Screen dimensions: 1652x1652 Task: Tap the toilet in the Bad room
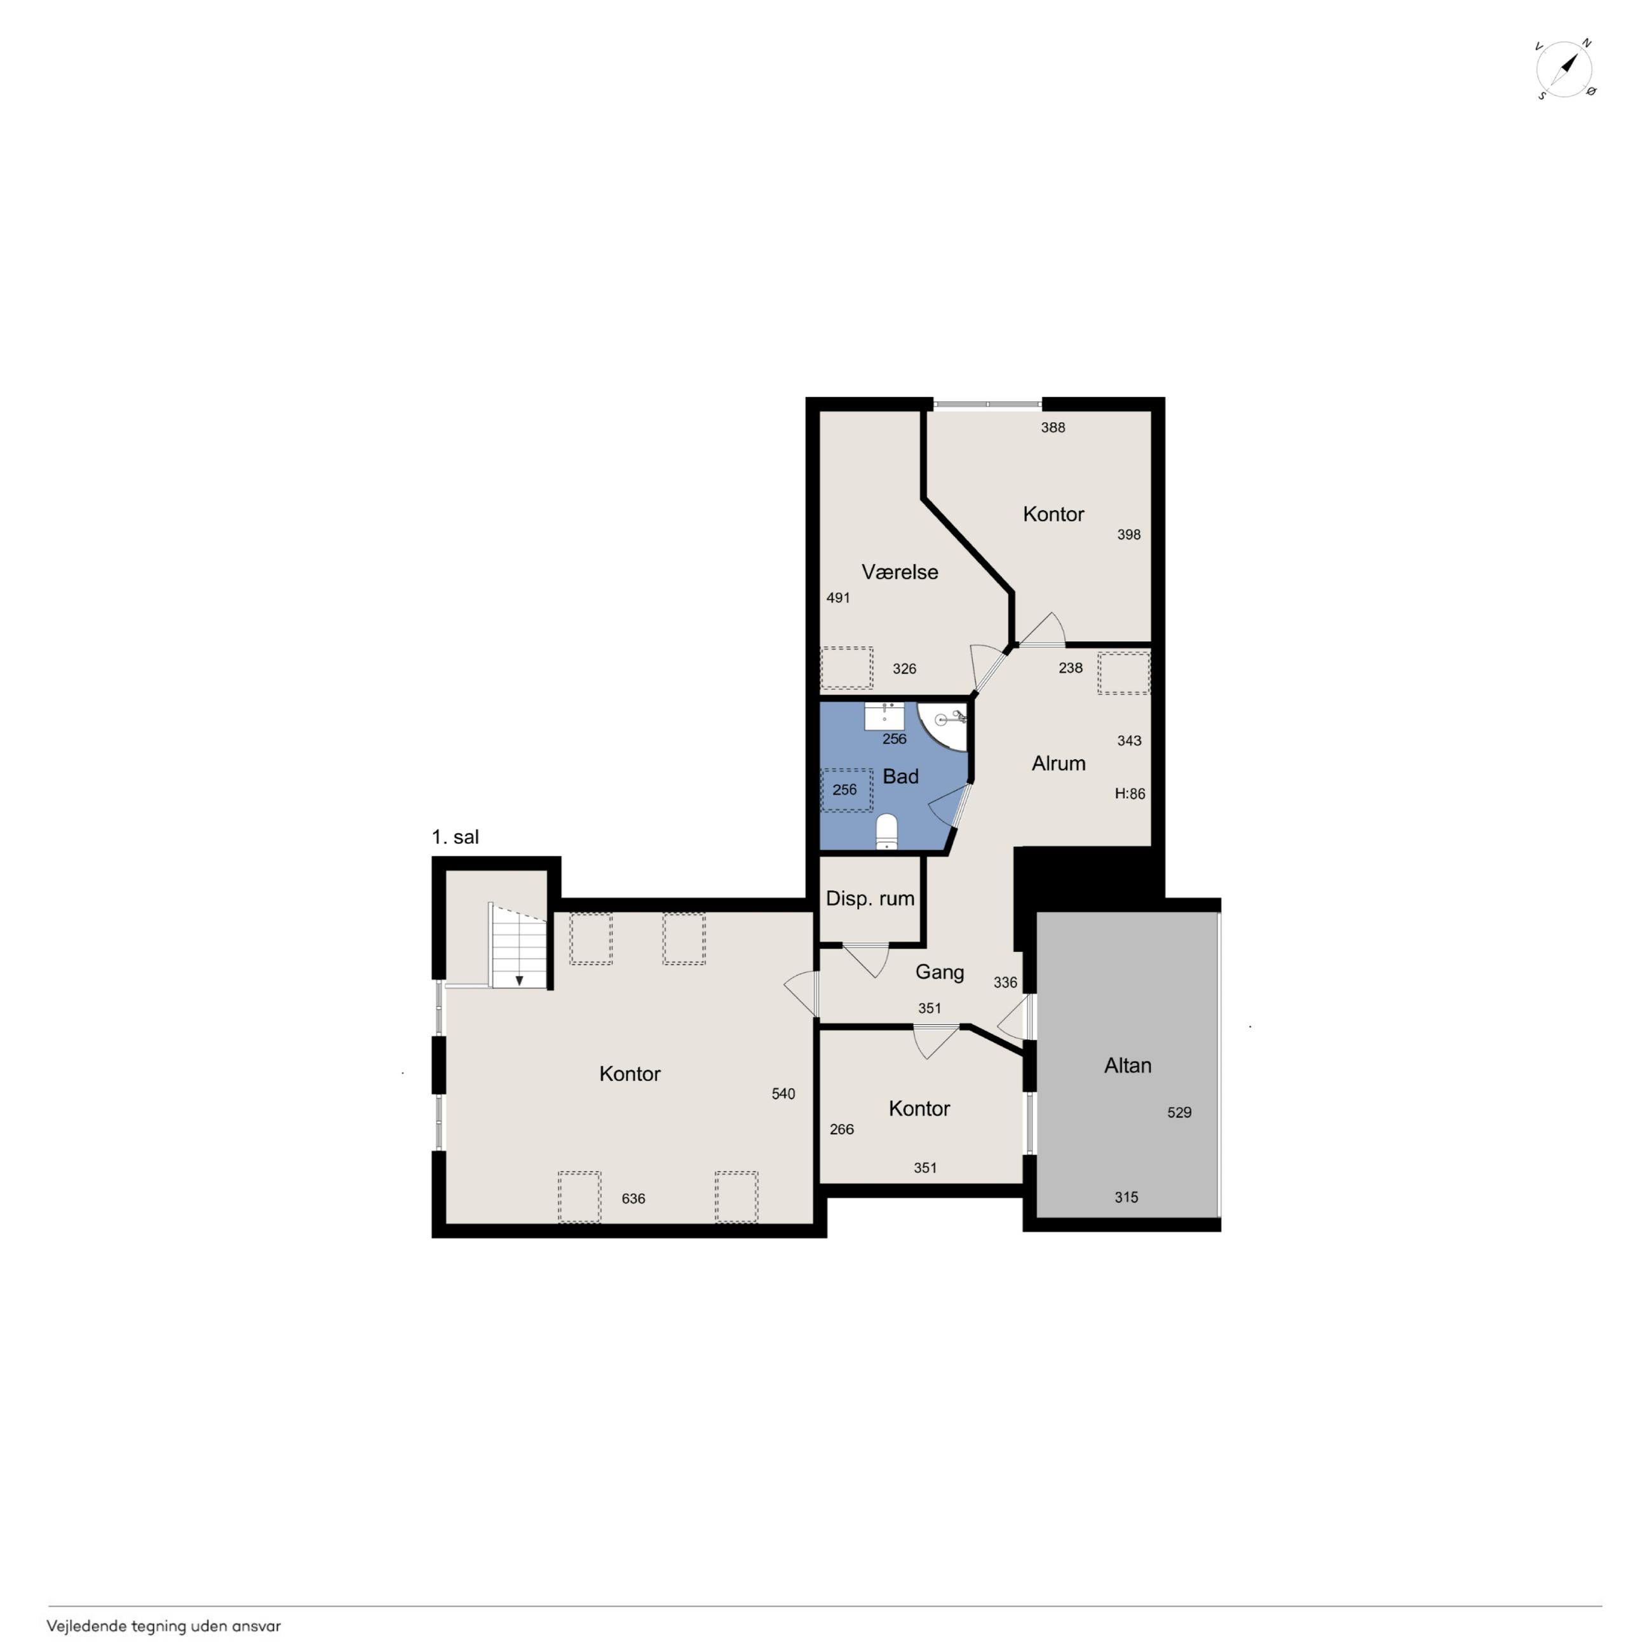887,831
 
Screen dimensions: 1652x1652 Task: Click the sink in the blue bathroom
884,715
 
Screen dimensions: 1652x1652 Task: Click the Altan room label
1127,1066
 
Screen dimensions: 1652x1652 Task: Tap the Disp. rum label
870,898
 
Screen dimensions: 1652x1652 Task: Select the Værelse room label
900,572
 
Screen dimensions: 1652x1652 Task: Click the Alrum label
1059,764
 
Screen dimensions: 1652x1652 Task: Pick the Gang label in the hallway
940,972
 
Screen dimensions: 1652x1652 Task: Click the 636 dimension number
633,1199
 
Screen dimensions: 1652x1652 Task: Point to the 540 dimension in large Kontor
783,1093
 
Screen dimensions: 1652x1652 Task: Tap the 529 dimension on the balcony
1179,1113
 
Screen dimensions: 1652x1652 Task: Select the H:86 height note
1130,794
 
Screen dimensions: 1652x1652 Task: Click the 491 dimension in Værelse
838,598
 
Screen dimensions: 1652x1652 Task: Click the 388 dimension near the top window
1053,428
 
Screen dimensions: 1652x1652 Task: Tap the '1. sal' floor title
455,837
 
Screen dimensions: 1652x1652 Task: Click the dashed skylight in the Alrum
1123,673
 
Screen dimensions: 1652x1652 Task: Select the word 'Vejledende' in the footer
86,1627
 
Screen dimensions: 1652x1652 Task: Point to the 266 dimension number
841,1130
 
